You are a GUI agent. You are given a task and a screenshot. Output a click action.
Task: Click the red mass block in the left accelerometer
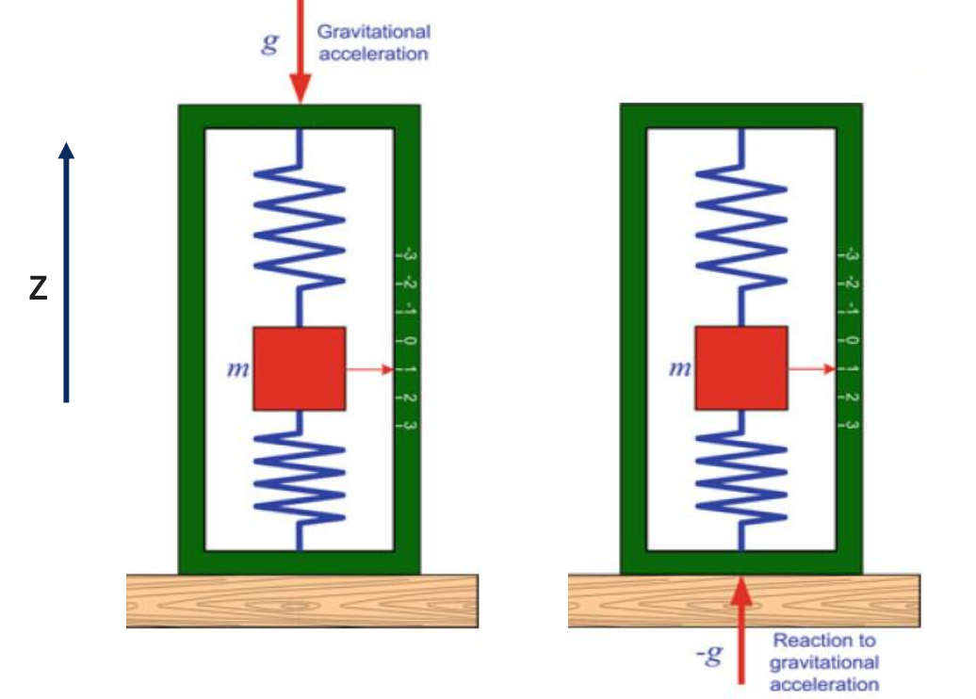tap(299, 368)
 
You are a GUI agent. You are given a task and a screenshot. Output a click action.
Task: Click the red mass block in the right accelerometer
tap(740, 368)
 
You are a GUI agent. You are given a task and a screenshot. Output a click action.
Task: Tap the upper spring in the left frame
tap(299, 222)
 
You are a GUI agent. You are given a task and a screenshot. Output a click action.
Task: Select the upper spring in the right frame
tap(740, 222)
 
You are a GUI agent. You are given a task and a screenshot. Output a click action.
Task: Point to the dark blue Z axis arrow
tap(66, 273)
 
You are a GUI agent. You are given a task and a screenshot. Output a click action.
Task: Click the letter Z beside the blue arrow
tap(38, 288)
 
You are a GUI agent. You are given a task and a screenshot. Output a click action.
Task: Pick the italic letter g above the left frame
tap(269, 43)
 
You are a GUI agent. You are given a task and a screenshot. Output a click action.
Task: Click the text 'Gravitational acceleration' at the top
tap(373, 43)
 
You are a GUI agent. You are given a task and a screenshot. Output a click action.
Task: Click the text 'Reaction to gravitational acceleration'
tap(823, 662)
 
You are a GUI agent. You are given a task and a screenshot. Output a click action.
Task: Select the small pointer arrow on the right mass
tap(811, 369)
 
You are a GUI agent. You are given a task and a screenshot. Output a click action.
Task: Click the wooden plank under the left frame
tap(301, 601)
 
